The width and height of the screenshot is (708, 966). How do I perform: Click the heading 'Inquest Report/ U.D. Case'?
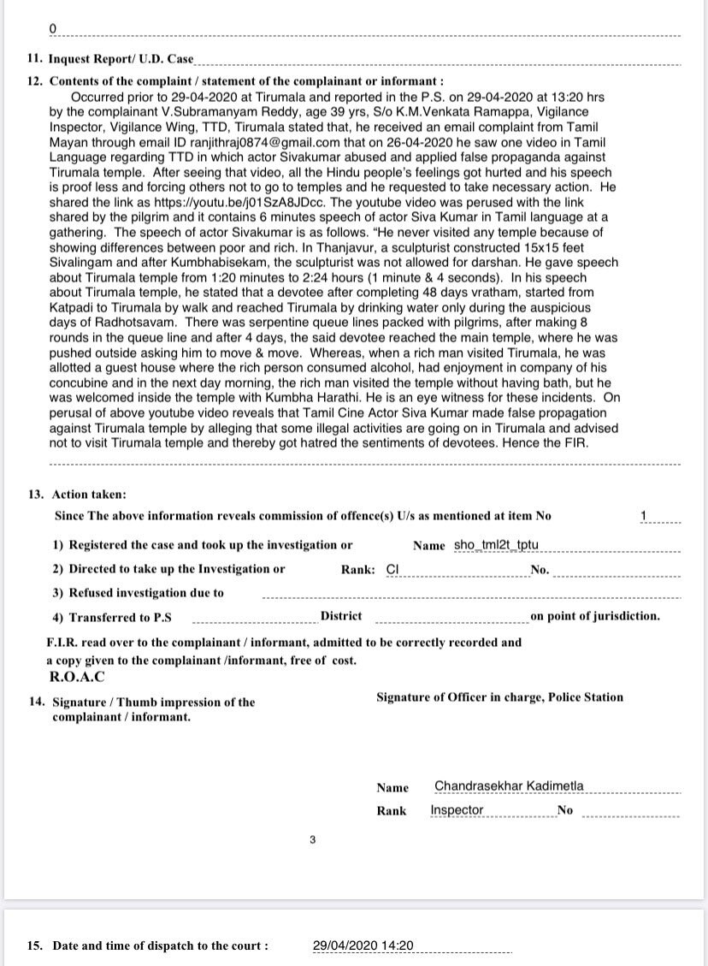point(121,60)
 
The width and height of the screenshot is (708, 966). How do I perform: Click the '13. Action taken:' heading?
point(89,495)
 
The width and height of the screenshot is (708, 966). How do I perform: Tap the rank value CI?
point(393,568)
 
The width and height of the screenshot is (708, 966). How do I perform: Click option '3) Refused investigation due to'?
point(138,592)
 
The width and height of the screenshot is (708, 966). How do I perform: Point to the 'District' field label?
point(341,616)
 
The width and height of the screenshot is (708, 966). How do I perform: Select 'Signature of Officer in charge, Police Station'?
point(499,697)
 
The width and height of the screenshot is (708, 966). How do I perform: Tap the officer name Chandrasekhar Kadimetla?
point(509,786)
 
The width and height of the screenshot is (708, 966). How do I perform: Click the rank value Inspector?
point(457,810)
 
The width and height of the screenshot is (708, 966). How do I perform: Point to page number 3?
point(313,840)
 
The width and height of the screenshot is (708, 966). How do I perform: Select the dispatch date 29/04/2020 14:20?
point(363,945)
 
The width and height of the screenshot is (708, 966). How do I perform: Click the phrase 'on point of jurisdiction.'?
point(595,616)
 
